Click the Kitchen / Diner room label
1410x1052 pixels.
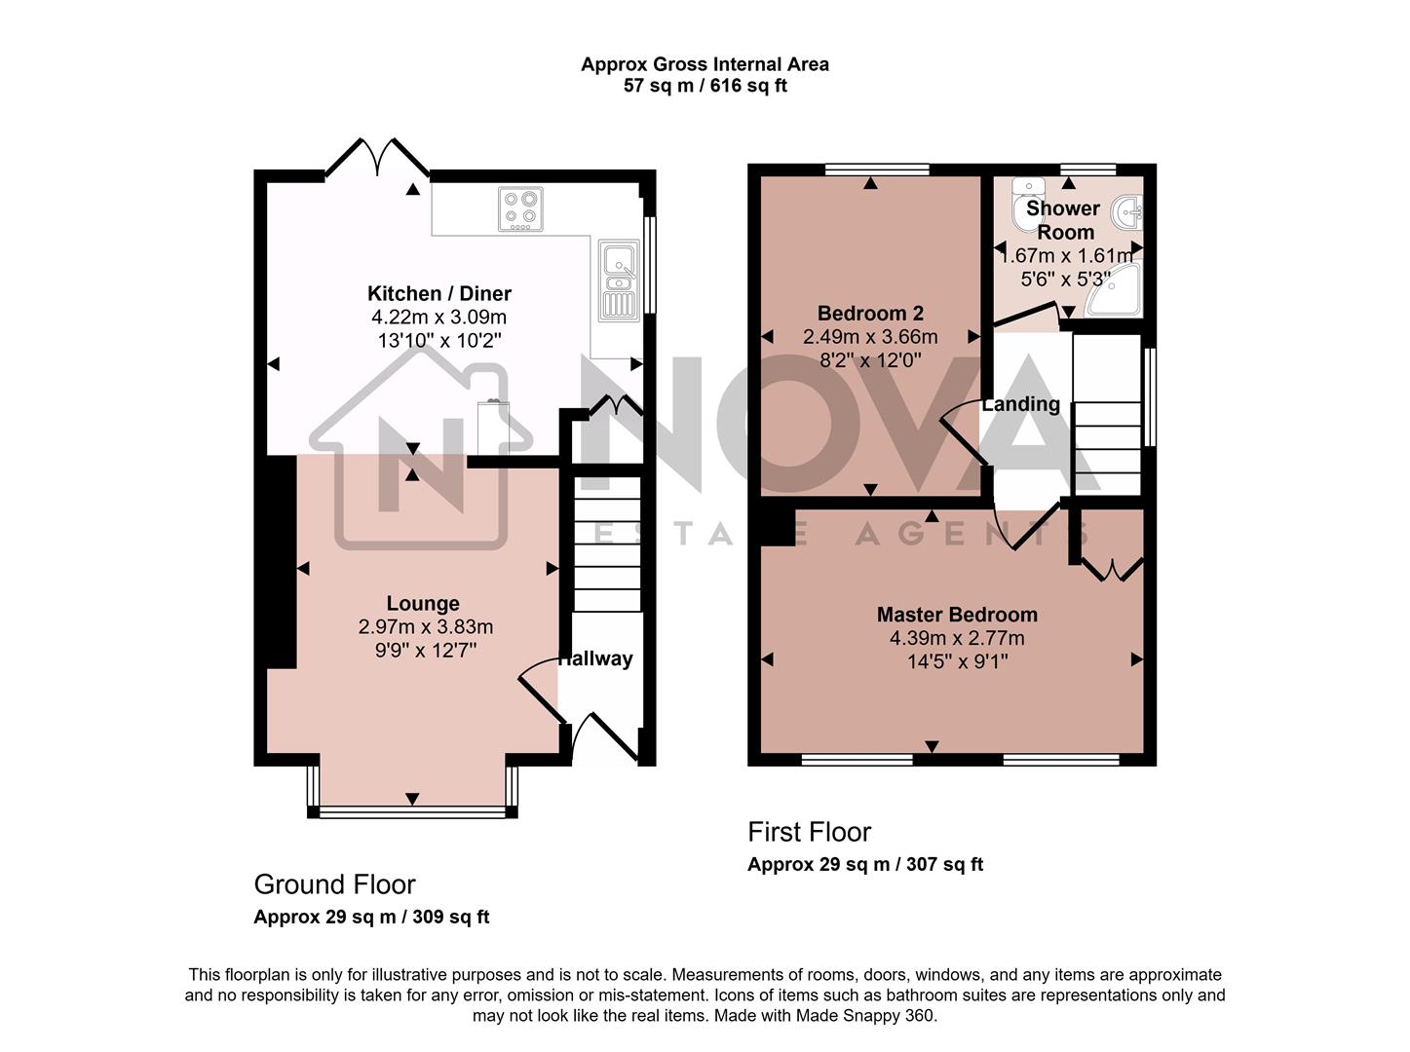(438, 293)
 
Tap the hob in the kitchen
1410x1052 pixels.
(520, 208)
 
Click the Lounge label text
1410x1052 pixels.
(423, 603)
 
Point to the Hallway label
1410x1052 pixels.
(595, 658)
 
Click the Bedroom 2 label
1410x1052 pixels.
(870, 313)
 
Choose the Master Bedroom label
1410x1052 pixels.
(957, 615)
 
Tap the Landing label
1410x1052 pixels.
(1020, 404)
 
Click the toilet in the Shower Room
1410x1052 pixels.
(1026, 206)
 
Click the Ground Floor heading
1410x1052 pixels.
(334, 884)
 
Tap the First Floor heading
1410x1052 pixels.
(809, 832)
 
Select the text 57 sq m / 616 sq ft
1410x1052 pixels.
(705, 86)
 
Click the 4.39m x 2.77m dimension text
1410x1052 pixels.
(957, 639)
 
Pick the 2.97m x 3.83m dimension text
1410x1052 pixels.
(425, 627)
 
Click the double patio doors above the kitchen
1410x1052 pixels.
(377, 159)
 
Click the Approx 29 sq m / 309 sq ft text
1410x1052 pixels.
(371, 917)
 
